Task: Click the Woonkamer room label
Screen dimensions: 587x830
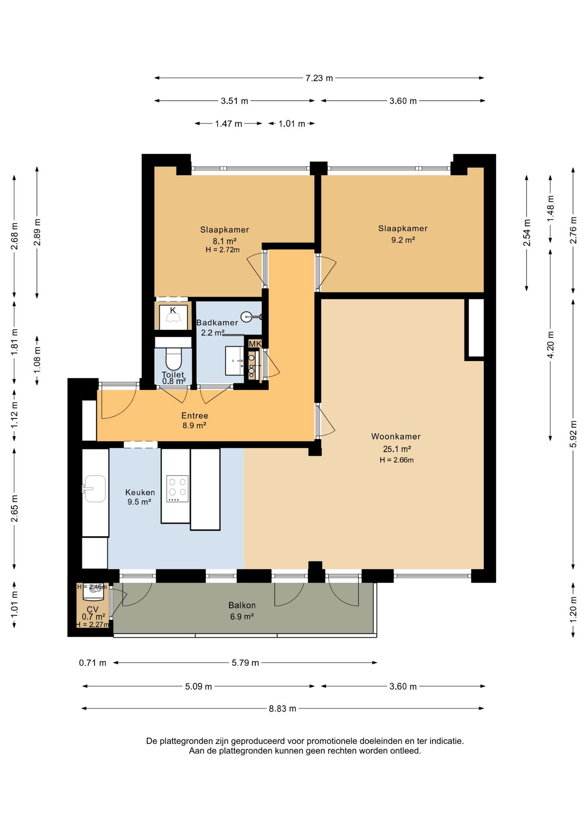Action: [396, 437]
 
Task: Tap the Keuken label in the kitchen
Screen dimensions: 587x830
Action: [140, 492]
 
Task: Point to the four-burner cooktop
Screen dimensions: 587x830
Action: [178, 488]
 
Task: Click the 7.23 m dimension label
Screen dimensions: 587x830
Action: [319, 78]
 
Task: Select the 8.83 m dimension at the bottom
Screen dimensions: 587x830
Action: [283, 709]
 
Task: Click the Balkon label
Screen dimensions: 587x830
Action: [242, 606]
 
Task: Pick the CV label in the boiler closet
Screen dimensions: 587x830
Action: [93, 610]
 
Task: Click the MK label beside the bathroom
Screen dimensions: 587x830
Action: [255, 344]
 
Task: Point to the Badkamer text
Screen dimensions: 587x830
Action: [217, 322]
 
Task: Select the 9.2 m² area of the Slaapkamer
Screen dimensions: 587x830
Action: [403, 240]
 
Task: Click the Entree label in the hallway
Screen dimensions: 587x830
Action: [195, 416]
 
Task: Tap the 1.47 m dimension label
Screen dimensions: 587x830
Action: [229, 124]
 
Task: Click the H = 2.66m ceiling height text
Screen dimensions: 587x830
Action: [397, 460]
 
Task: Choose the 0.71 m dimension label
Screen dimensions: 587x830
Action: [93, 663]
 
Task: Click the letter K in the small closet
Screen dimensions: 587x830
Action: [173, 310]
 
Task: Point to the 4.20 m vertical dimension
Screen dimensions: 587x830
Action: [550, 345]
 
